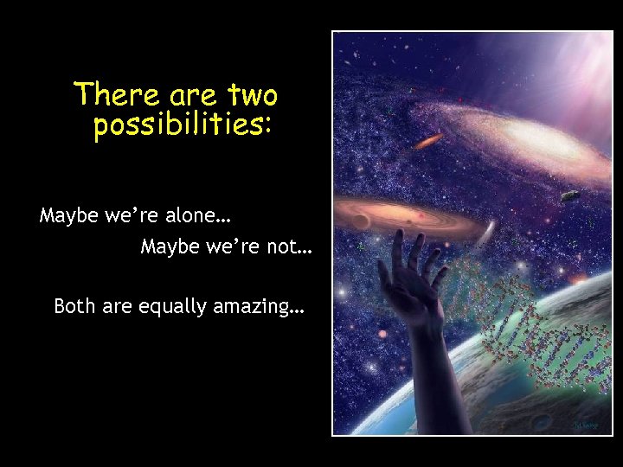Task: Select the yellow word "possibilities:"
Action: pyautogui.click(x=183, y=125)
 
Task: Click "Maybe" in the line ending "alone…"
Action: pyautogui.click(x=69, y=215)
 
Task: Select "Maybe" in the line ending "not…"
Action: pyautogui.click(x=170, y=248)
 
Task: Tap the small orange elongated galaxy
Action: pyautogui.click(x=430, y=140)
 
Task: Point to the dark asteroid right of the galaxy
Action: pyautogui.click(x=568, y=196)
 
